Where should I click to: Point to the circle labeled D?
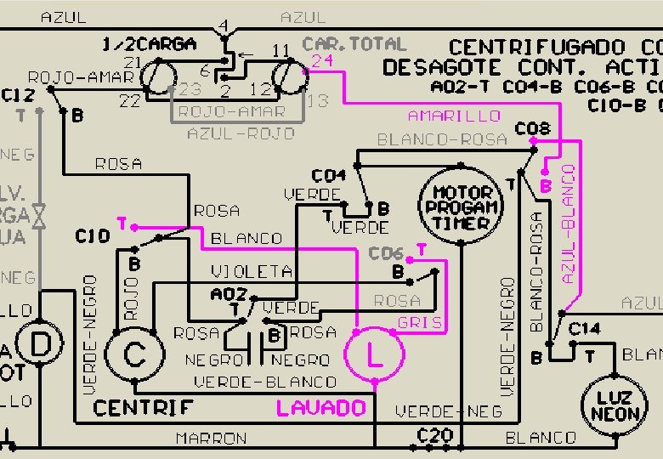click(x=39, y=345)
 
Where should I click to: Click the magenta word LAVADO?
click(x=320, y=409)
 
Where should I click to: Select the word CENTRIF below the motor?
click(x=143, y=409)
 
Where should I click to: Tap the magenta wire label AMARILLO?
click(x=454, y=116)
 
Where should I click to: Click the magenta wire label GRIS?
click(x=420, y=323)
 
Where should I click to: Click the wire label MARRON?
click(x=211, y=439)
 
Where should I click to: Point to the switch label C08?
click(x=533, y=129)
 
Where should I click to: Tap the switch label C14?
click(x=584, y=329)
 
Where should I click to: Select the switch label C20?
click(x=433, y=434)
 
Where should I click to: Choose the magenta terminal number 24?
click(x=321, y=61)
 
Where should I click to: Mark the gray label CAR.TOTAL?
click(x=354, y=43)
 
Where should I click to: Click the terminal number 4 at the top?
click(x=223, y=26)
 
